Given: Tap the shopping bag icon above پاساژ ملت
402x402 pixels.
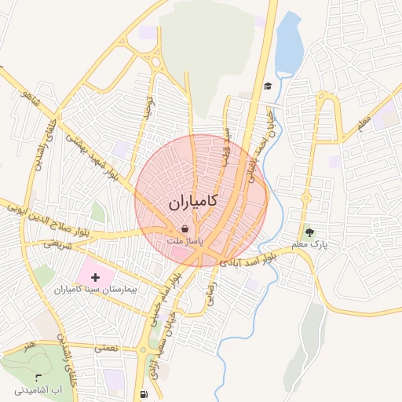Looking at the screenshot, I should click(184, 228).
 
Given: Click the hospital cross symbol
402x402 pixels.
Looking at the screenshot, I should click(96, 277).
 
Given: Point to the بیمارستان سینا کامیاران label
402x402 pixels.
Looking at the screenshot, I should click(97, 291).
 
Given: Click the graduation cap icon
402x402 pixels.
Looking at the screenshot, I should click(268, 86).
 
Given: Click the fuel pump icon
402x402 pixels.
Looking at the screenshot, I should click(142, 394).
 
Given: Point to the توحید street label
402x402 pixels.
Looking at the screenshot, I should click(146, 109).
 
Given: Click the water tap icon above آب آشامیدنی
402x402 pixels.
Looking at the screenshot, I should click(38, 378).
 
